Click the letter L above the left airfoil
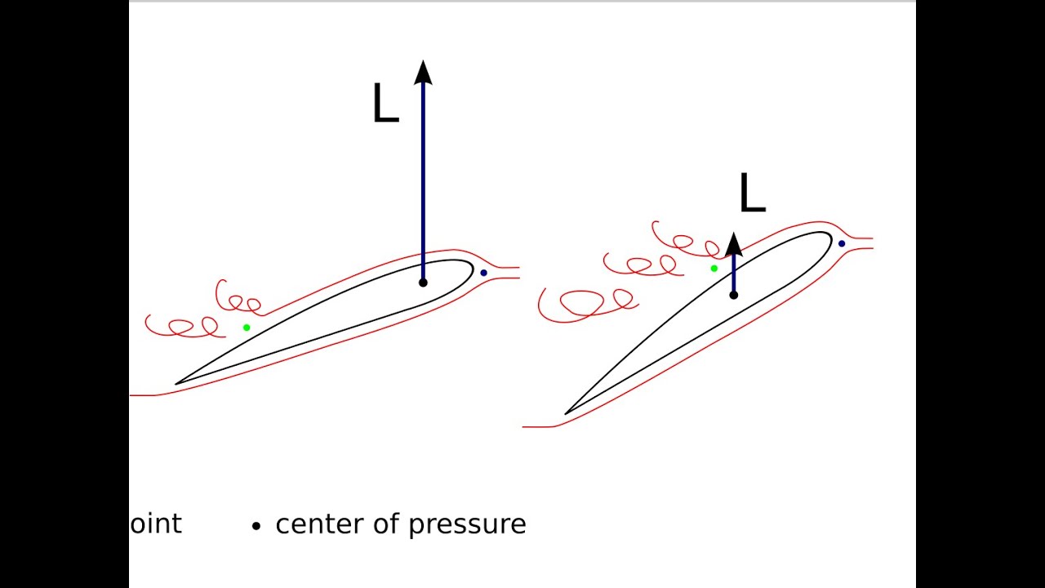tap(385, 105)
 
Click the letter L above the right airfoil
tap(751, 194)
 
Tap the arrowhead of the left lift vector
tap(423, 73)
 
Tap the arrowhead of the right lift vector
tap(733, 243)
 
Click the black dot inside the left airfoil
tap(423, 283)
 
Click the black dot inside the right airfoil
tap(733, 295)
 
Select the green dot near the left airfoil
tap(247, 327)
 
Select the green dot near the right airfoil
tap(714, 268)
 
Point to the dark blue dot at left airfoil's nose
tap(483, 273)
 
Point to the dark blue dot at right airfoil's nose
tap(842, 243)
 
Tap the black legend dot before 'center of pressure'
tap(256, 527)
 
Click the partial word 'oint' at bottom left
tap(156, 523)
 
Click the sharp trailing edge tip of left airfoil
tap(177, 383)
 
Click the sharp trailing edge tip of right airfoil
tap(566, 413)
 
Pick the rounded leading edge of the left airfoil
tap(471, 270)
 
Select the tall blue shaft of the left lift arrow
tap(423, 180)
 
